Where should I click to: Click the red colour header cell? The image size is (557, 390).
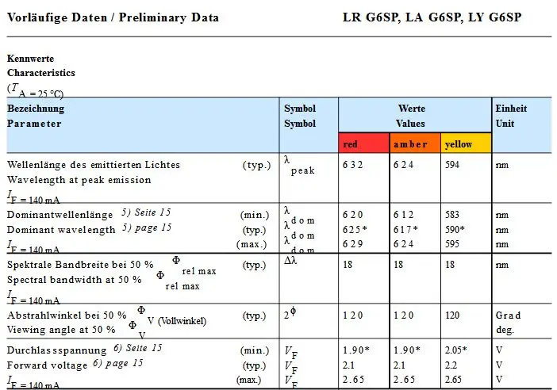[363, 143]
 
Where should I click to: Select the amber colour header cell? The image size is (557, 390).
[415, 143]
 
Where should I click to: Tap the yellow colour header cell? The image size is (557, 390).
[466, 143]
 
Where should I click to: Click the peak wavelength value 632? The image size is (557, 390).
[352, 165]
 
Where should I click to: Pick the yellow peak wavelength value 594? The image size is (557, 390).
[452, 165]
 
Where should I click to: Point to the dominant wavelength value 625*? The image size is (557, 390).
[355, 230]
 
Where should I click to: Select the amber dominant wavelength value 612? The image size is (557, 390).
[403, 215]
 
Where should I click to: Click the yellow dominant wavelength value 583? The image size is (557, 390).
[452, 215]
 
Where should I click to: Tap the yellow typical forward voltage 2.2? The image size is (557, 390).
[451, 365]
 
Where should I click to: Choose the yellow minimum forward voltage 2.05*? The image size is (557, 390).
[455, 350]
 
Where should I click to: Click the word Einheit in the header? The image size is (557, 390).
[511, 109]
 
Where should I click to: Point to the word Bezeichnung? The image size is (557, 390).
[36, 109]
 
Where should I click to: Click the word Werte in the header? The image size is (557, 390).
[412, 109]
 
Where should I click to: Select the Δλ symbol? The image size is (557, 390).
[290, 261]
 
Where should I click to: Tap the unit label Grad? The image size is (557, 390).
[508, 315]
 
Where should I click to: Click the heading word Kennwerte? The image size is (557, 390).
[31, 59]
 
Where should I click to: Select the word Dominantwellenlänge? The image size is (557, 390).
[60, 215]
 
